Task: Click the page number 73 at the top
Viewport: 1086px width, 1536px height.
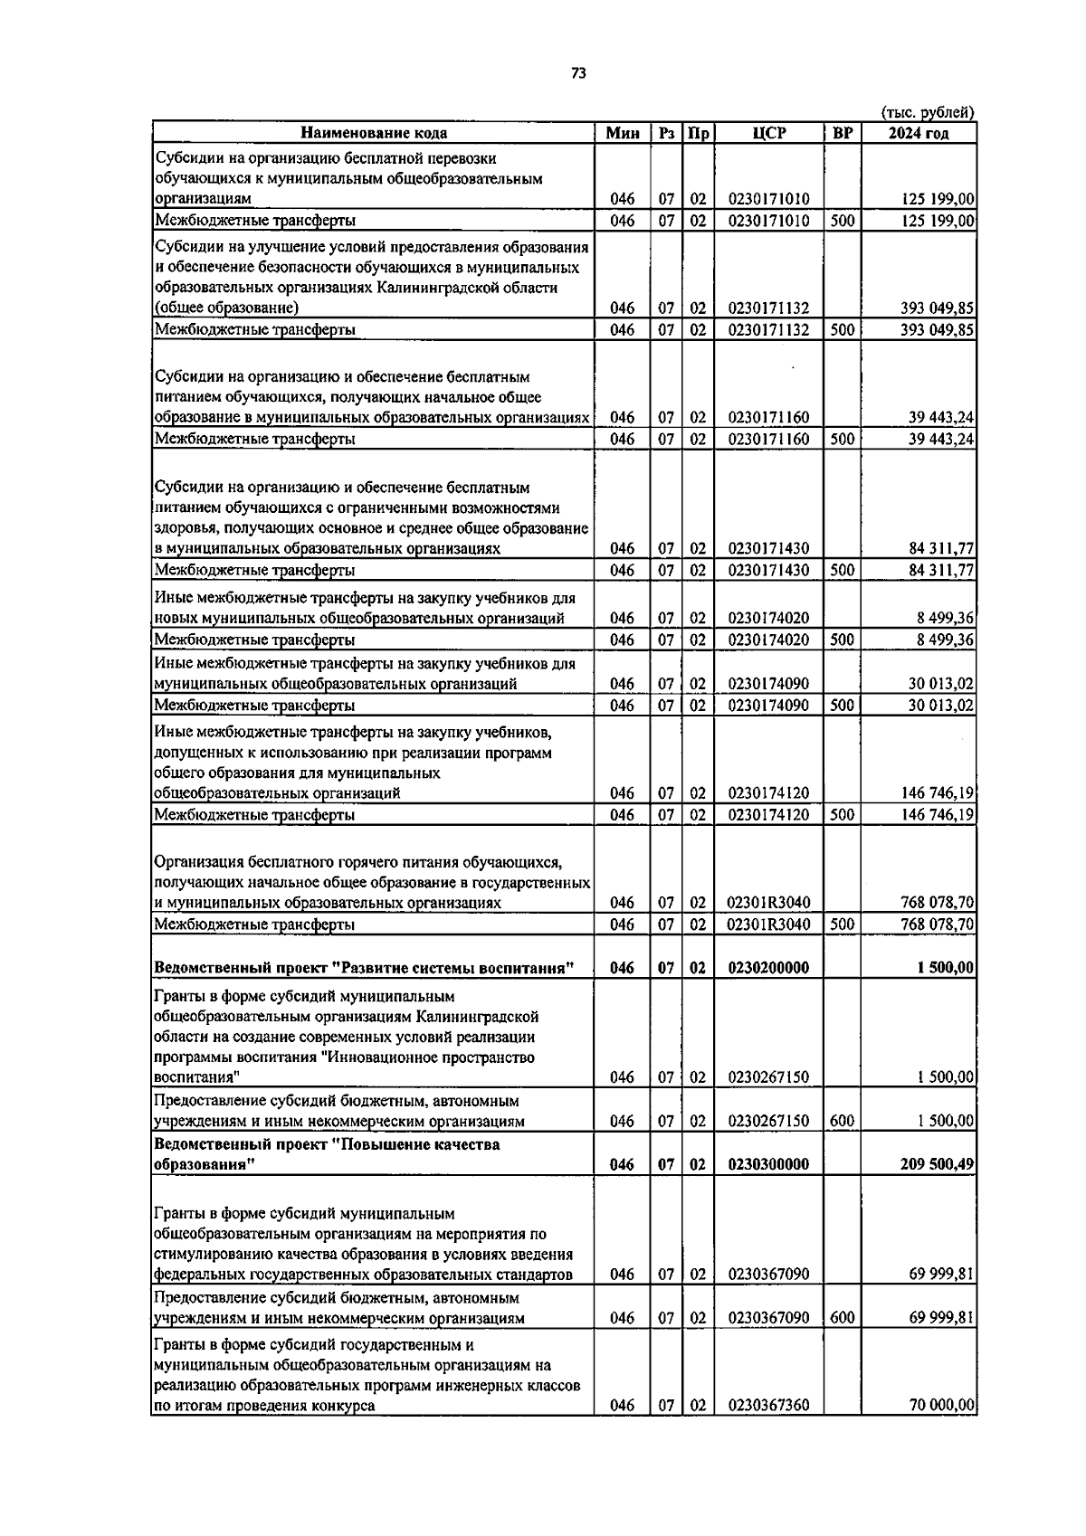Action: coord(579,74)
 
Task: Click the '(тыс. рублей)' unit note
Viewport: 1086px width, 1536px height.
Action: coord(927,112)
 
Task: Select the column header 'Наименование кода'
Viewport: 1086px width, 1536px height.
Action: coord(373,133)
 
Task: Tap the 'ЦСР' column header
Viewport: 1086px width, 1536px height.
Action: coord(768,133)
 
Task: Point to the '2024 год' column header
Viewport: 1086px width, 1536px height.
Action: coord(918,133)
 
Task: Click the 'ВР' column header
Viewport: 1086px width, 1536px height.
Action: coord(842,133)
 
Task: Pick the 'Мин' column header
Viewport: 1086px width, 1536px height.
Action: coord(622,133)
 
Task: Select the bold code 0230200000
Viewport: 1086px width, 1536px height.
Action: coord(768,968)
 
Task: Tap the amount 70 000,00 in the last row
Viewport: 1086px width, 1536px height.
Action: coord(941,1430)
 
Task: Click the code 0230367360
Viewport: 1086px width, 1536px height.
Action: coord(768,1430)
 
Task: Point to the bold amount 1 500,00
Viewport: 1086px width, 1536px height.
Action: coord(945,968)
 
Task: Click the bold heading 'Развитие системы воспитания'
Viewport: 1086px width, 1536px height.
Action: coord(452,968)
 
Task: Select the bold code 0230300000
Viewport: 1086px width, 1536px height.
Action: coord(768,1164)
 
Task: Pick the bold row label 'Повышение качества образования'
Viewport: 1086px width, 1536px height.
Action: coord(326,1154)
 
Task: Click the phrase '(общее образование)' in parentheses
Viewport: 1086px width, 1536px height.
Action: coord(221,308)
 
